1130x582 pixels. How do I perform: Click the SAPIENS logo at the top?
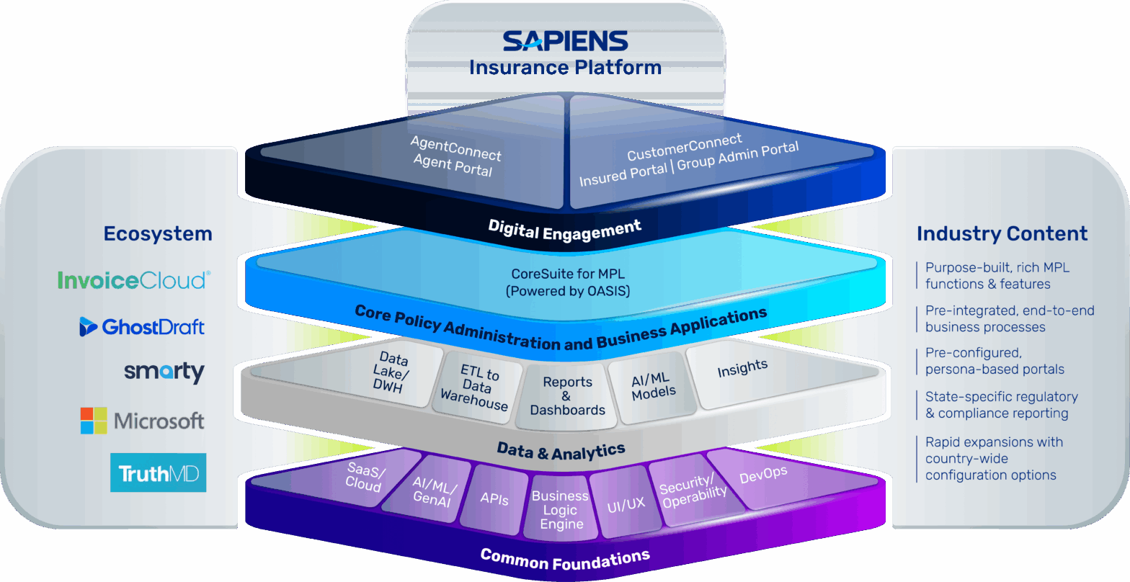coord(565,40)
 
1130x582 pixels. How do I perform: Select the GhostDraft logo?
coord(142,327)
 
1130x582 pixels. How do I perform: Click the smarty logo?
coord(164,372)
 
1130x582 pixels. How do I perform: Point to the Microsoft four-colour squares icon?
coord(93,421)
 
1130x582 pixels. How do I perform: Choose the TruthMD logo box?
coord(158,473)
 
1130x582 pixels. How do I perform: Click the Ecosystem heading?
coord(158,234)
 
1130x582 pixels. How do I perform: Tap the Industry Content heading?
coord(1002,234)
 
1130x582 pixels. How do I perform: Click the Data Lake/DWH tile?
coord(393,373)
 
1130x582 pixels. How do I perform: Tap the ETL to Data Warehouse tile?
coord(476,388)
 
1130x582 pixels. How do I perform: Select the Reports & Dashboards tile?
coord(567,396)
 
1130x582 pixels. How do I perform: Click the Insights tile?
coord(742,369)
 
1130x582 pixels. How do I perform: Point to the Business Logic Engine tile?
coord(561,510)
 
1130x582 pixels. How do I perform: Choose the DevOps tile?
coord(763,475)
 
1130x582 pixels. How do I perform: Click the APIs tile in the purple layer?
coord(494,499)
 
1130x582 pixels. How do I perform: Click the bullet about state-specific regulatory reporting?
coord(1002,405)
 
